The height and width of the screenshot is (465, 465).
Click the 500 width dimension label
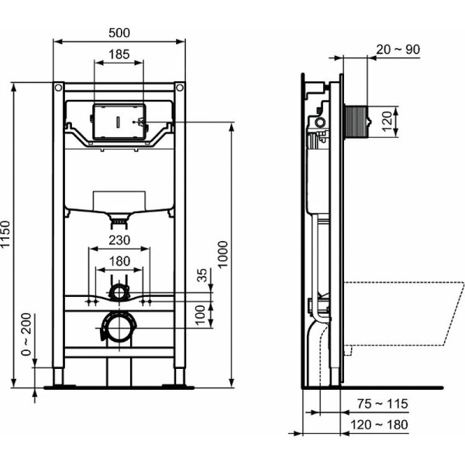[x=119, y=33]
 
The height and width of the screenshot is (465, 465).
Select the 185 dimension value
[x=119, y=55]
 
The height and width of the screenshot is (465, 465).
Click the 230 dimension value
[x=119, y=241]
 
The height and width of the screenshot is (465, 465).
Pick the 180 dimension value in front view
[x=119, y=260]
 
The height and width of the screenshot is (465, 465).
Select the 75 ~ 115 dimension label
[x=382, y=405]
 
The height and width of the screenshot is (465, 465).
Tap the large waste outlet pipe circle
[x=119, y=327]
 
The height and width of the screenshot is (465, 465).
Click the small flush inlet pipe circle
[x=119, y=291]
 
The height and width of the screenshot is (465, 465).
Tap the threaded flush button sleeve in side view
[x=355, y=121]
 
